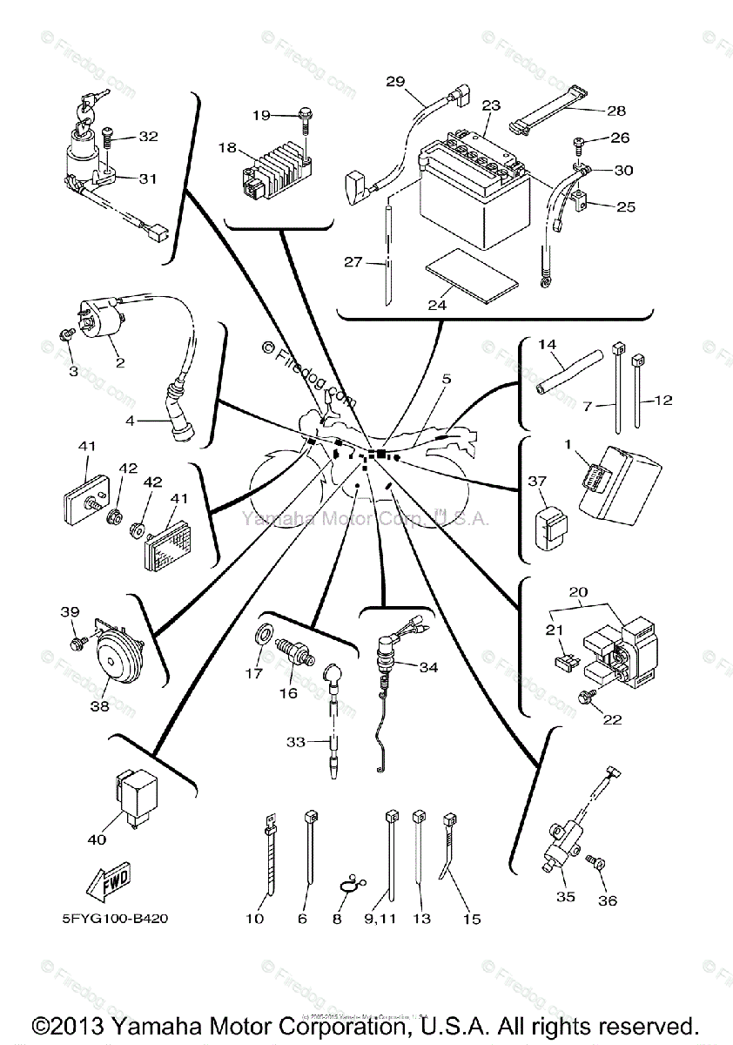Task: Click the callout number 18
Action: [x=228, y=148]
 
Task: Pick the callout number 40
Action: [x=97, y=839]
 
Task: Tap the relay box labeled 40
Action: [x=132, y=796]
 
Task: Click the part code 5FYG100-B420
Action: [x=122, y=920]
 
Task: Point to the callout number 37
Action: [x=537, y=481]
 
